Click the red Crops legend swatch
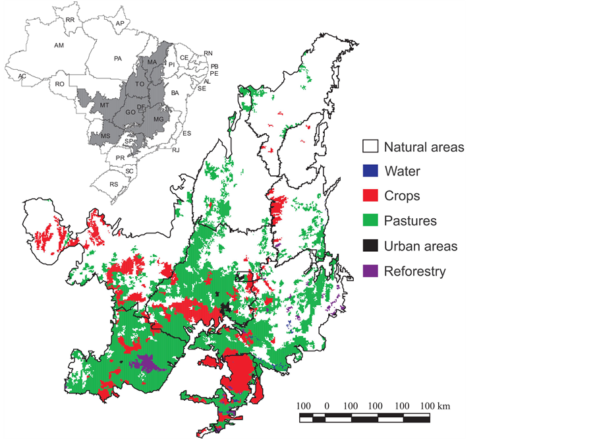point(370,196)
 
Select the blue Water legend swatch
point(370,171)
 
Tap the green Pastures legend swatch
point(370,221)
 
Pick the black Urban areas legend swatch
point(370,246)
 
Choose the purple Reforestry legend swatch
point(370,271)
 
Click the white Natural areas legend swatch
point(370,146)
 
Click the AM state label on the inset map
point(59,45)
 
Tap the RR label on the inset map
point(70,20)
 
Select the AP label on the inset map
point(119,24)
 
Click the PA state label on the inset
point(118,59)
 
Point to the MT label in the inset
point(104,105)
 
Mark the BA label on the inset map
point(175,94)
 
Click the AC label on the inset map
point(22,76)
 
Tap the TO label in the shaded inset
point(140,84)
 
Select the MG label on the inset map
point(158,119)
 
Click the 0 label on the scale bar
point(327,405)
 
